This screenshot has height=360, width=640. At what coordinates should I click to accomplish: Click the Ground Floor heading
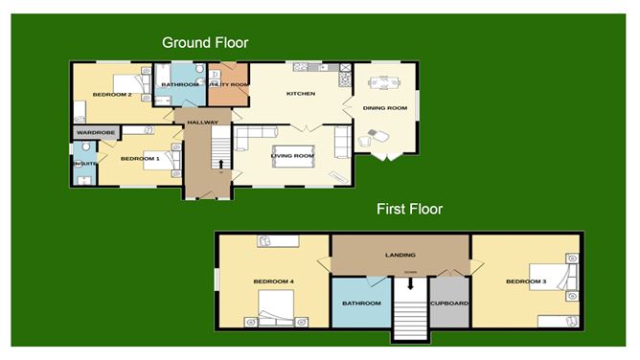click(205, 42)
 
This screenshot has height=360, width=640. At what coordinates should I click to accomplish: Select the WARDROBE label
click(96, 131)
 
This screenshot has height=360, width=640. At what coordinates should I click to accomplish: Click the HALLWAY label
click(203, 123)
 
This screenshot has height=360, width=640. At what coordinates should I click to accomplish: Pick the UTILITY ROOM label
click(229, 85)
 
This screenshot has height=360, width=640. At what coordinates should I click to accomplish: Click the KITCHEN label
click(301, 94)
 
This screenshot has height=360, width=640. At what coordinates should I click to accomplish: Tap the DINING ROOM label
click(384, 108)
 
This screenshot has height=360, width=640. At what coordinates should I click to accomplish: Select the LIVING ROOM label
click(292, 155)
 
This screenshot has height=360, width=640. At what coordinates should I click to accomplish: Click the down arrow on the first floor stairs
click(410, 281)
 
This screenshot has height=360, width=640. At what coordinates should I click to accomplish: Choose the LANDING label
click(400, 256)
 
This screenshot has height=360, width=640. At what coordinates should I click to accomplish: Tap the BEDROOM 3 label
click(525, 281)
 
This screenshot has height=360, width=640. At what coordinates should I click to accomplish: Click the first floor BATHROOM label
click(361, 304)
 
